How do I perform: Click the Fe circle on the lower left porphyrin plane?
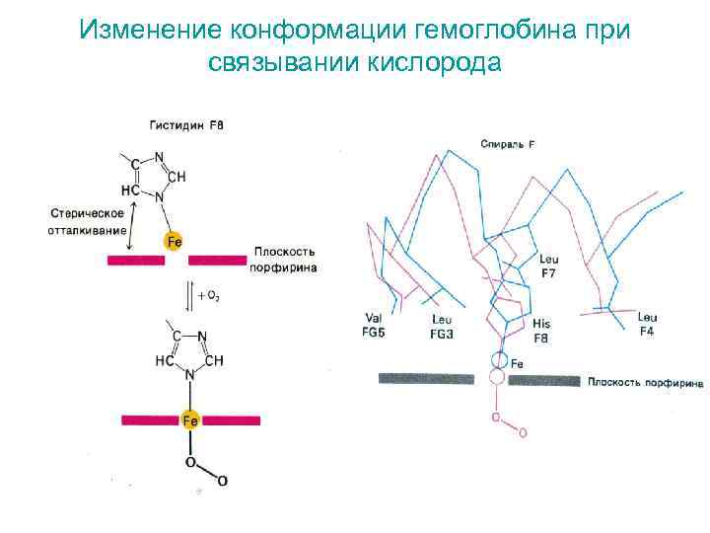(x=190, y=420)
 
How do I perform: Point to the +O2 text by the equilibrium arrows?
(x=207, y=295)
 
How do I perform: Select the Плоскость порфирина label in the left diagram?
(x=285, y=260)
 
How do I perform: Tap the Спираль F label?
(x=508, y=145)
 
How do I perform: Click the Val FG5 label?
(x=374, y=325)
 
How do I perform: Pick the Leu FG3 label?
(x=442, y=327)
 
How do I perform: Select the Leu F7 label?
(x=549, y=266)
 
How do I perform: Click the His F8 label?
(x=541, y=329)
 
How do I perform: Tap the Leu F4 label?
(x=647, y=324)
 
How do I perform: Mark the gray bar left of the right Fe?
(x=433, y=378)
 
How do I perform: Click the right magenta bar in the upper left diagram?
(x=218, y=260)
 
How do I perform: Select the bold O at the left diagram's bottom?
(x=222, y=481)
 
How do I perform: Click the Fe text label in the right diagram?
(x=518, y=363)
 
